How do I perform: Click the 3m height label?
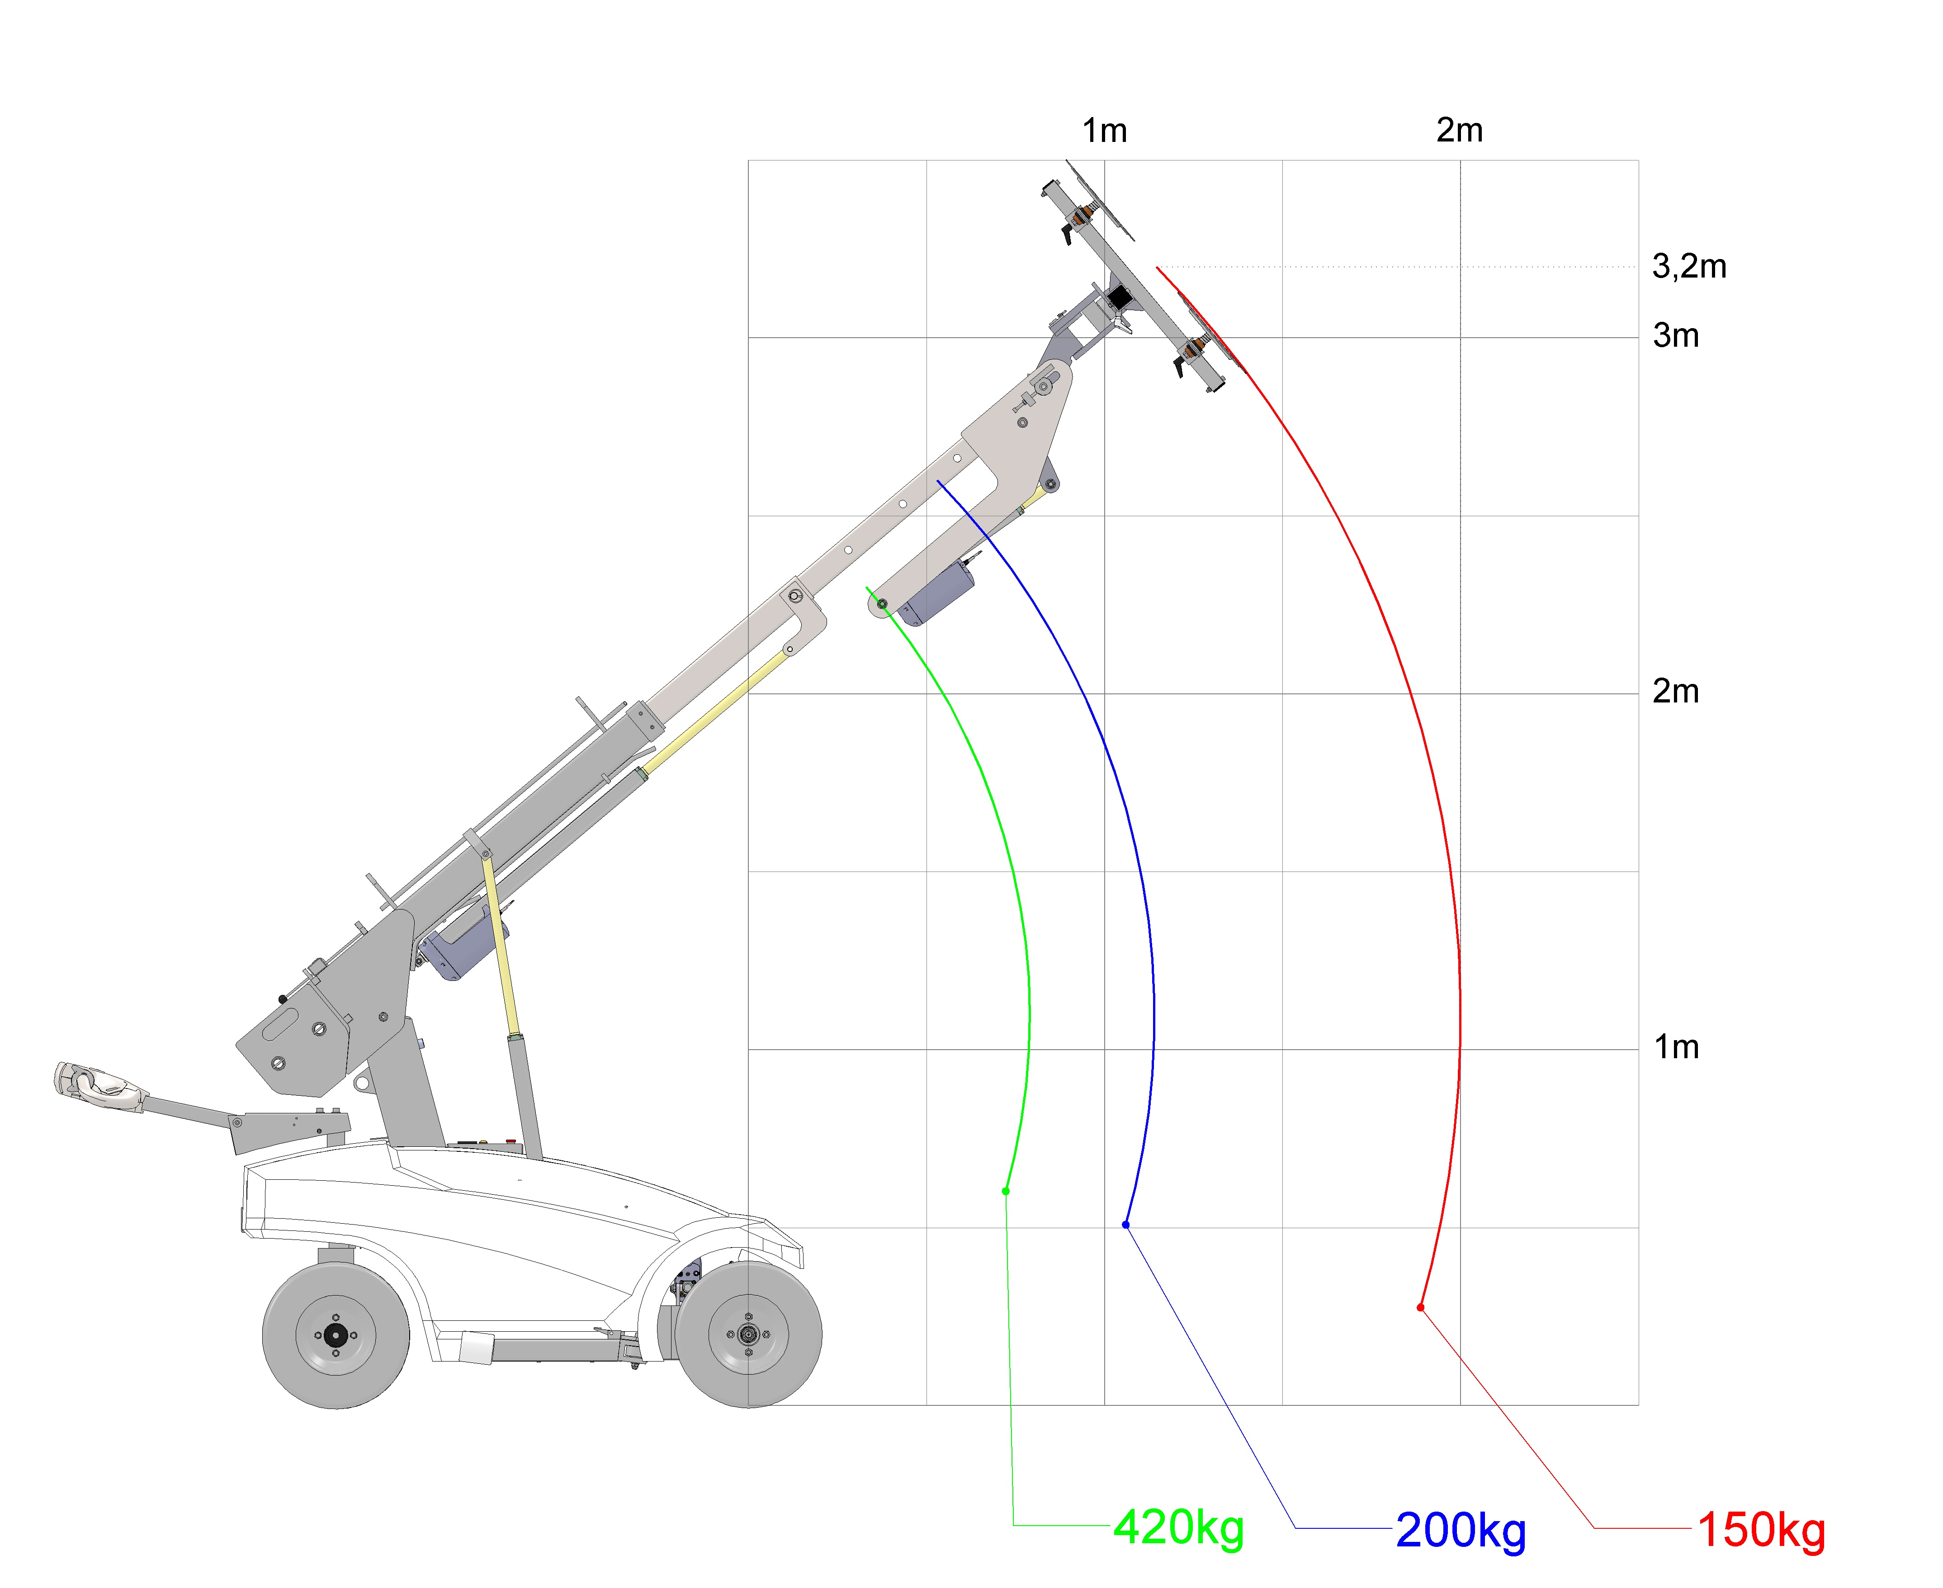click(x=1676, y=336)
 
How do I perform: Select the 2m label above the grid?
click(x=1460, y=130)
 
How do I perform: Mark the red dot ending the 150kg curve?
click(x=1421, y=1307)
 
